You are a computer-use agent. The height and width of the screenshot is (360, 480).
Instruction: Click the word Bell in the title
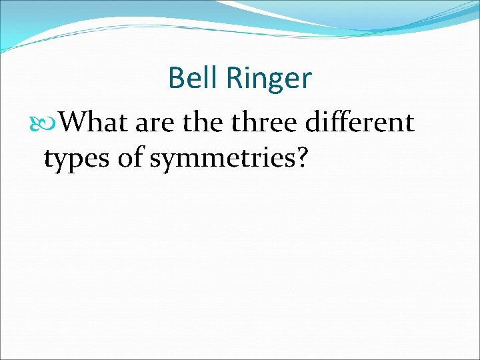[193, 78]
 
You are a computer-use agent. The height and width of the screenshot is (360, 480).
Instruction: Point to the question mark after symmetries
[300, 159]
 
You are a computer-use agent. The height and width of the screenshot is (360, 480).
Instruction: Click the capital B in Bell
[177, 78]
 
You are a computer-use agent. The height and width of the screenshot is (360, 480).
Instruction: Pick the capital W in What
[75, 123]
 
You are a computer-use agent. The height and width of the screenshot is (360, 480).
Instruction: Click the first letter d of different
[311, 123]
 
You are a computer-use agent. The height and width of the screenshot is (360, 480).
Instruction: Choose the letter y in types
[60, 163]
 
